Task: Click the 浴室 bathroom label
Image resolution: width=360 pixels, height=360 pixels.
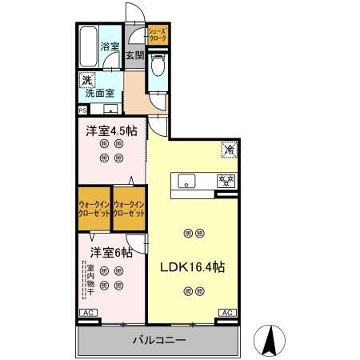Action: (x=110, y=47)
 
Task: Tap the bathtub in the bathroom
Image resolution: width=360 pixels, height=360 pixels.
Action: (x=88, y=48)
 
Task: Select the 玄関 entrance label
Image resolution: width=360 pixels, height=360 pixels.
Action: (x=134, y=55)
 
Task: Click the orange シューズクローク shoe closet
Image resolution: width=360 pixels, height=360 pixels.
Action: (x=157, y=34)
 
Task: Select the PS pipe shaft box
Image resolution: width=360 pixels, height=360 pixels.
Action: (x=82, y=110)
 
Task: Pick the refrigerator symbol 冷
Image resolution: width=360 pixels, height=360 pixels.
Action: (x=228, y=148)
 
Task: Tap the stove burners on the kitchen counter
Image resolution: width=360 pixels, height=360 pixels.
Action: (x=226, y=179)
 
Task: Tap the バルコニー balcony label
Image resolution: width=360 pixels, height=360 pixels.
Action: (x=159, y=341)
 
